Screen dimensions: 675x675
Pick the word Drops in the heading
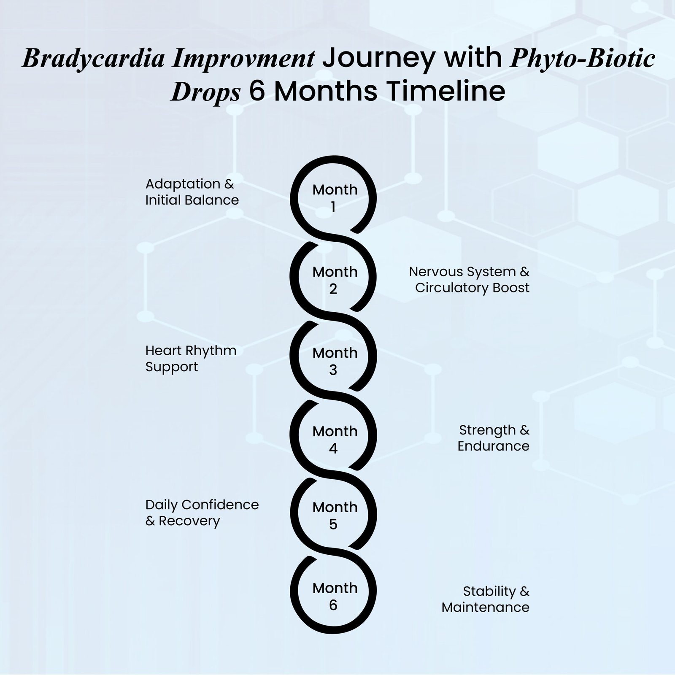coord(205,92)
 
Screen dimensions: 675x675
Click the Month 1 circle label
coord(335,198)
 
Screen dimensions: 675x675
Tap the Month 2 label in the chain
coord(335,280)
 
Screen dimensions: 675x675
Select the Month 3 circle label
coord(335,361)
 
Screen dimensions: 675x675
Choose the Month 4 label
coord(335,440)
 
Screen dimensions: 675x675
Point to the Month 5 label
coord(335,516)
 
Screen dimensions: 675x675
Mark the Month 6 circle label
coord(335,596)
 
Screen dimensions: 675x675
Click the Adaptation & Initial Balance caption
coord(192,192)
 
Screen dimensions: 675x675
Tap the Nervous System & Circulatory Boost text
coord(469,279)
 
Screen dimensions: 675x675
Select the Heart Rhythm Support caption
coord(191,359)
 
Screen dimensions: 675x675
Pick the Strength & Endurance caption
coord(494,438)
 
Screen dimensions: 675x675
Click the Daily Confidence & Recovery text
coord(202,513)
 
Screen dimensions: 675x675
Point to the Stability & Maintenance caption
coord(486,599)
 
